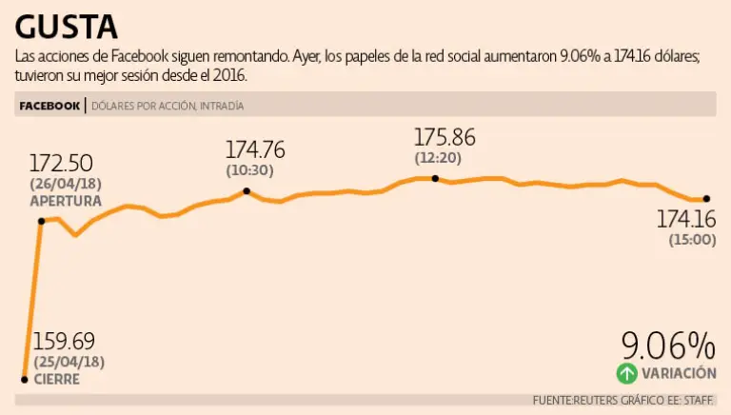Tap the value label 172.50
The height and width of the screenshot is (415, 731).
coord(61,162)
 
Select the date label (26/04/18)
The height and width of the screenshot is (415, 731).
coord(66,184)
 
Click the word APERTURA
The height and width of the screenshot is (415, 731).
coord(66,201)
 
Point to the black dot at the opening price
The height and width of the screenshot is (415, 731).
coord(41,221)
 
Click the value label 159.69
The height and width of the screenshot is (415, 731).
coord(64,341)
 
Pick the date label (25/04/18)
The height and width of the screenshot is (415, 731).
coord(69,362)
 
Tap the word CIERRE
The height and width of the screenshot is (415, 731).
coord(56,379)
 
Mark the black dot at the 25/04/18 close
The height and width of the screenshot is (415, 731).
coord(24,379)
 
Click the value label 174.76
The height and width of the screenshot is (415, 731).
coord(254,149)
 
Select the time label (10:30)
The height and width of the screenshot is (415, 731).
coord(250,170)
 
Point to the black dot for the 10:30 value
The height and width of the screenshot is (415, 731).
coord(247,191)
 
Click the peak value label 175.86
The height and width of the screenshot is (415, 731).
coord(445,136)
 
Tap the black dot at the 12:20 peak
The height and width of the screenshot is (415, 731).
coord(435,178)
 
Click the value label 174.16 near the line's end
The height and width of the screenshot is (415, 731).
coord(686,220)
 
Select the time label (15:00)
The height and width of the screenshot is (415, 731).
coord(692,240)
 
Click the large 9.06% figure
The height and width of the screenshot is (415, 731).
coord(667,345)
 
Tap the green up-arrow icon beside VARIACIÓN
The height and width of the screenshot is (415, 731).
coord(626,373)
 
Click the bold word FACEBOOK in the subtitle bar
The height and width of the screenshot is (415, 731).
coord(49,106)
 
